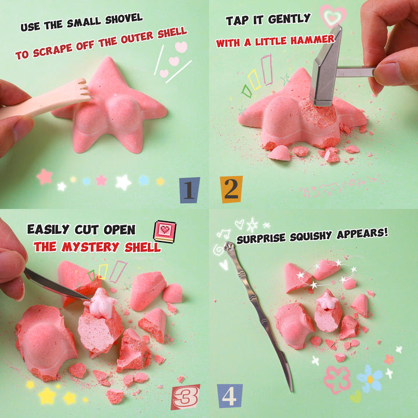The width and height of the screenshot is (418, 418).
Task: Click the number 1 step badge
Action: click(x=189, y=190)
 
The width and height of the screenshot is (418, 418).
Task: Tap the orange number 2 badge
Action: click(x=231, y=189)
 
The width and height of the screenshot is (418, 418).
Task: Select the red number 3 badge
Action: click(x=186, y=397)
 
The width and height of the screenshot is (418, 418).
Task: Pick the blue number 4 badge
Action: click(x=229, y=396)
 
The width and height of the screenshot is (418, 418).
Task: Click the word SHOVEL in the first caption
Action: click(x=124, y=19)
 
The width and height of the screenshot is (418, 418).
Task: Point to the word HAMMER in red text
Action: click(x=312, y=40)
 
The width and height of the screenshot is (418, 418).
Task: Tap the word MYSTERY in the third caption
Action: click(x=90, y=247)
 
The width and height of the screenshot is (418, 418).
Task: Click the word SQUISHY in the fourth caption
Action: click(x=311, y=236)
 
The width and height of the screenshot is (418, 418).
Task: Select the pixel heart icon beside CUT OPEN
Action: click(x=165, y=232)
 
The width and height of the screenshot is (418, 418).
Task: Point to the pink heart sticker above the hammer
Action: click(x=333, y=16)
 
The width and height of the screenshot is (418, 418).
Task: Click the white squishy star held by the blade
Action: click(x=101, y=304)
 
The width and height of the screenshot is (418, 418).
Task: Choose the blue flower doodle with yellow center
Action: click(x=370, y=379)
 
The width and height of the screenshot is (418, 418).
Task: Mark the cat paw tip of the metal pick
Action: click(x=229, y=247)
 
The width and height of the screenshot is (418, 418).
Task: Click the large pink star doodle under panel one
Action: click(x=44, y=176)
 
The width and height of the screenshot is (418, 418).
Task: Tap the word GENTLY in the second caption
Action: click(x=289, y=19)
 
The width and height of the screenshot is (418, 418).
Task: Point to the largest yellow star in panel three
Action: click(x=47, y=395)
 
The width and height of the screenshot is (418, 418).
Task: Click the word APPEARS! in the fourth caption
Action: click(x=362, y=234)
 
